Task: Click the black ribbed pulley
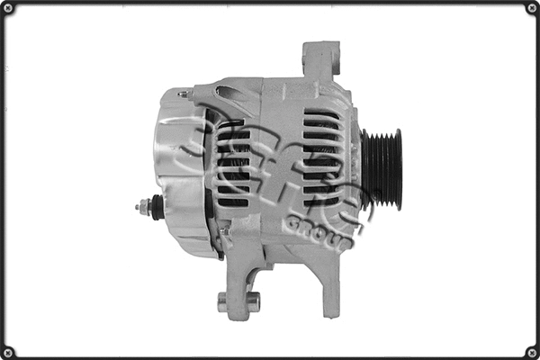point(382,169)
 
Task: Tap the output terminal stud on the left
point(143,207)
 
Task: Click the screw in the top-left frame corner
point(8,8)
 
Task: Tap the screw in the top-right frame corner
point(531,8)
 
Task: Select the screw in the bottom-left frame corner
point(8,351)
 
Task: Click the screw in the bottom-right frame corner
point(531,351)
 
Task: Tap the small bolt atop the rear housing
point(184,94)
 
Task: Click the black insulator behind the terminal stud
point(158,208)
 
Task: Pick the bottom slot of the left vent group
point(233,202)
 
